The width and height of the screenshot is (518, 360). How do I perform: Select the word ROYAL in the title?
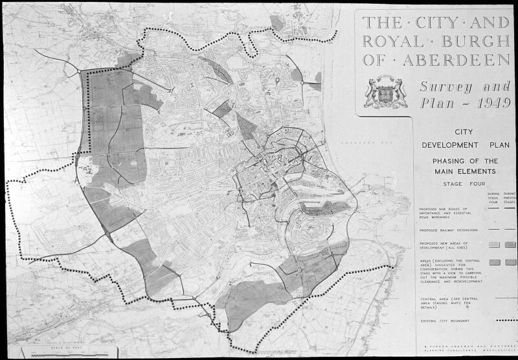point(392,41)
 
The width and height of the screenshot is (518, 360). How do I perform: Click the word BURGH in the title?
point(477,41)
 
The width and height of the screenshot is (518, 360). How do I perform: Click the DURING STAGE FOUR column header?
point(493,197)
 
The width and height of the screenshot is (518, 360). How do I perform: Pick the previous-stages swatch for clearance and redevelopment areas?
point(510,262)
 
